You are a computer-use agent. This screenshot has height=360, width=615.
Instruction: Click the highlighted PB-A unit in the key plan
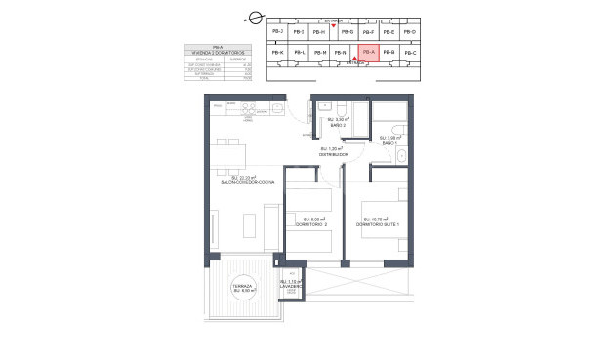click(367, 52)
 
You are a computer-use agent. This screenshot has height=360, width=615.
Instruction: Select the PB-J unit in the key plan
click(276, 32)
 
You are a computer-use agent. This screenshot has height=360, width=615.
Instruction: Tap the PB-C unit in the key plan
click(409, 52)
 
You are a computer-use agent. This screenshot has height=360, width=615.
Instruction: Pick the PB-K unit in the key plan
click(276, 52)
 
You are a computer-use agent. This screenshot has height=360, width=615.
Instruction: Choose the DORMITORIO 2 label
click(313, 222)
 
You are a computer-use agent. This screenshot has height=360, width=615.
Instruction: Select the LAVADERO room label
click(291, 286)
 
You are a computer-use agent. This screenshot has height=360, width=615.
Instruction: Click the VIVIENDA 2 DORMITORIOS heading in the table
click(216, 53)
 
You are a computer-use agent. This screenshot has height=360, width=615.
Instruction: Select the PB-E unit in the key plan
click(389, 32)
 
